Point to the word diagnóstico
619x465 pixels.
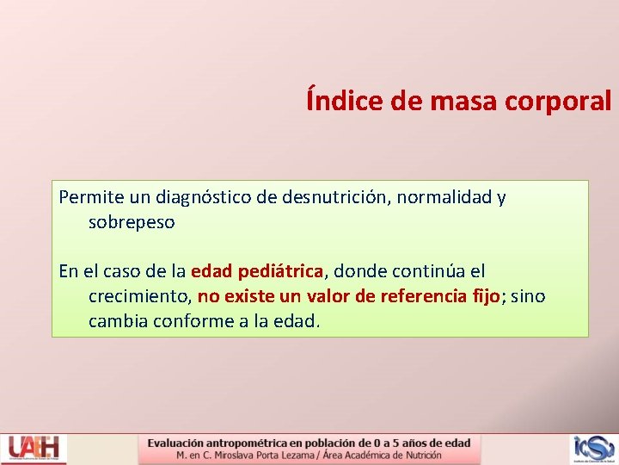[204, 197]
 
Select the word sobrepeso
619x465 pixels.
[132, 222]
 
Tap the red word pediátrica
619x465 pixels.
[282, 271]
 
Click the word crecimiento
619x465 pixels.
[138, 296]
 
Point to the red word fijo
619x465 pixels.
[486, 296]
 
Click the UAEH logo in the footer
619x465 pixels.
[33, 449]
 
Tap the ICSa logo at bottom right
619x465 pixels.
[594, 449]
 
